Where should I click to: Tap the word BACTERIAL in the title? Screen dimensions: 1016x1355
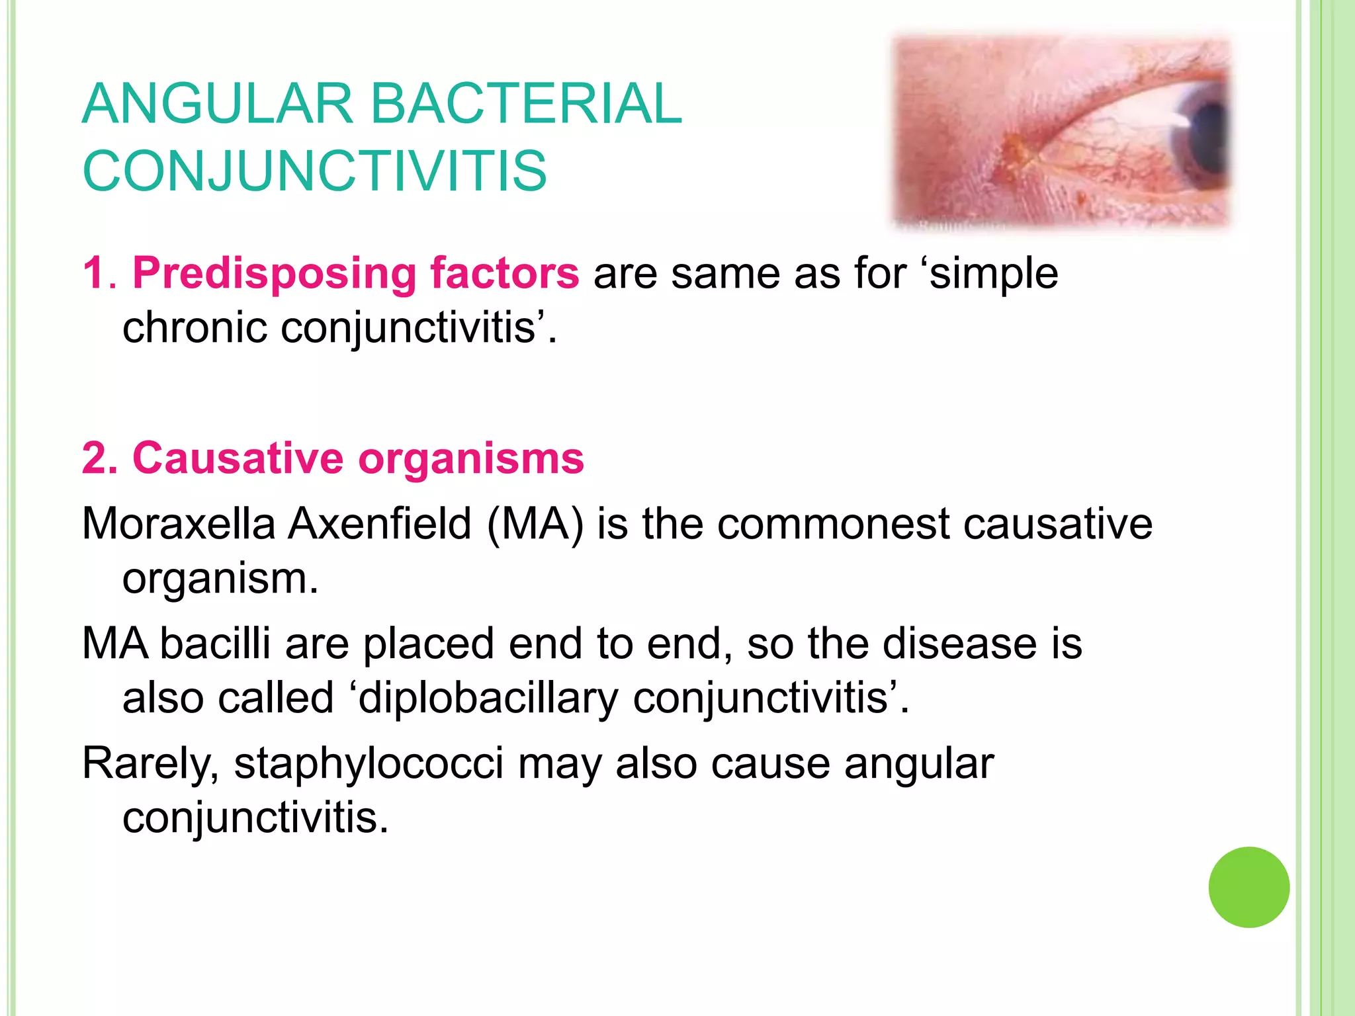pyautogui.click(x=526, y=104)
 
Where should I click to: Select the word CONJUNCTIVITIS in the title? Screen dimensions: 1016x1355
pyautogui.click(x=315, y=171)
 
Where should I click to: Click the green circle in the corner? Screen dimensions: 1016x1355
pyautogui.click(x=1248, y=887)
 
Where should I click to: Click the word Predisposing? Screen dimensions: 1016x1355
pyautogui.click(x=275, y=273)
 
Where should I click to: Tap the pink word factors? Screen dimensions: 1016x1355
pyautogui.click(x=504, y=273)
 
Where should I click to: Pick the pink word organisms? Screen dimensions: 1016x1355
pyautogui.click(x=471, y=458)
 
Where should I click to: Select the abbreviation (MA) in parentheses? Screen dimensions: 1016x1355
pyautogui.click(x=535, y=524)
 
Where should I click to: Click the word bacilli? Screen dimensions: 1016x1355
pyautogui.click(x=216, y=643)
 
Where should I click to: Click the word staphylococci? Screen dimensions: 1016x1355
pyautogui.click(x=369, y=764)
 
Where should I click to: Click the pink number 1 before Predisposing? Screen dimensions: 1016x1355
pyautogui.click(x=93, y=273)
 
